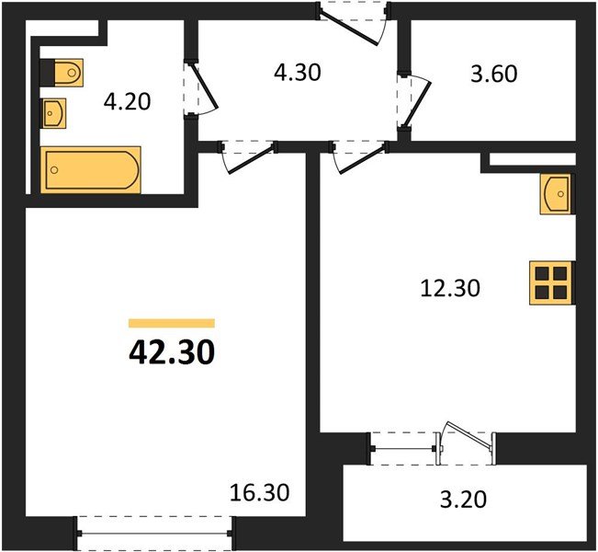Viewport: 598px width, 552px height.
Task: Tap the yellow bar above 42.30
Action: click(171, 323)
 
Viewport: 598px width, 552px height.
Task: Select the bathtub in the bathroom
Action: click(92, 169)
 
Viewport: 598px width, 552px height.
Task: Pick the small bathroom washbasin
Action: click(53, 113)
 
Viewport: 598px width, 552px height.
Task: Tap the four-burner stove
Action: click(551, 282)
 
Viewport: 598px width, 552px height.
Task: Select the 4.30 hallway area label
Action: click(296, 71)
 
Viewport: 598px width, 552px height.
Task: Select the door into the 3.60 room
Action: click(411, 96)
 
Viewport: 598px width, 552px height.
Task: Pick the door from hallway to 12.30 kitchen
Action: click(358, 155)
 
